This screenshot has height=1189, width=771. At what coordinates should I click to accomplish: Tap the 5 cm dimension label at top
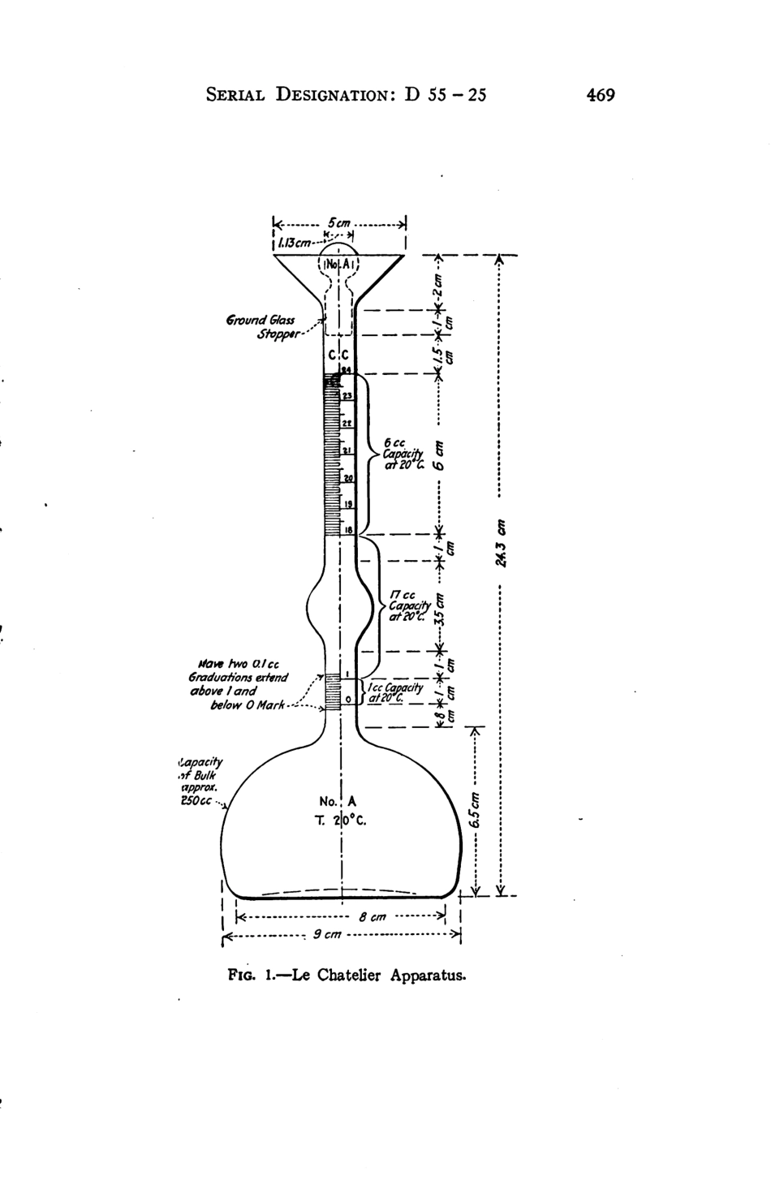click(x=339, y=221)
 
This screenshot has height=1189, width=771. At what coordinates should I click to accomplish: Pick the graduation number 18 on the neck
click(x=347, y=529)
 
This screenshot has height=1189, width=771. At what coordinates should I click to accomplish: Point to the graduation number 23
click(x=347, y=395)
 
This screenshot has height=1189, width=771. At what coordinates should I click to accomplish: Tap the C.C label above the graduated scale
click(x=339, y=355)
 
